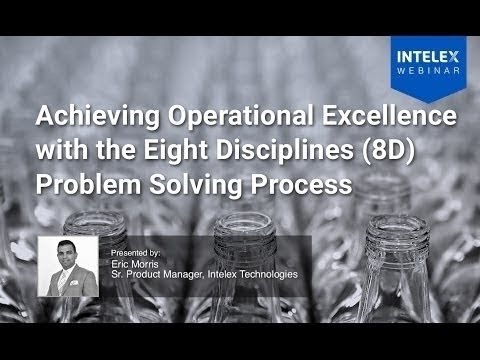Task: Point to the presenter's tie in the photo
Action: pos(68,284)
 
